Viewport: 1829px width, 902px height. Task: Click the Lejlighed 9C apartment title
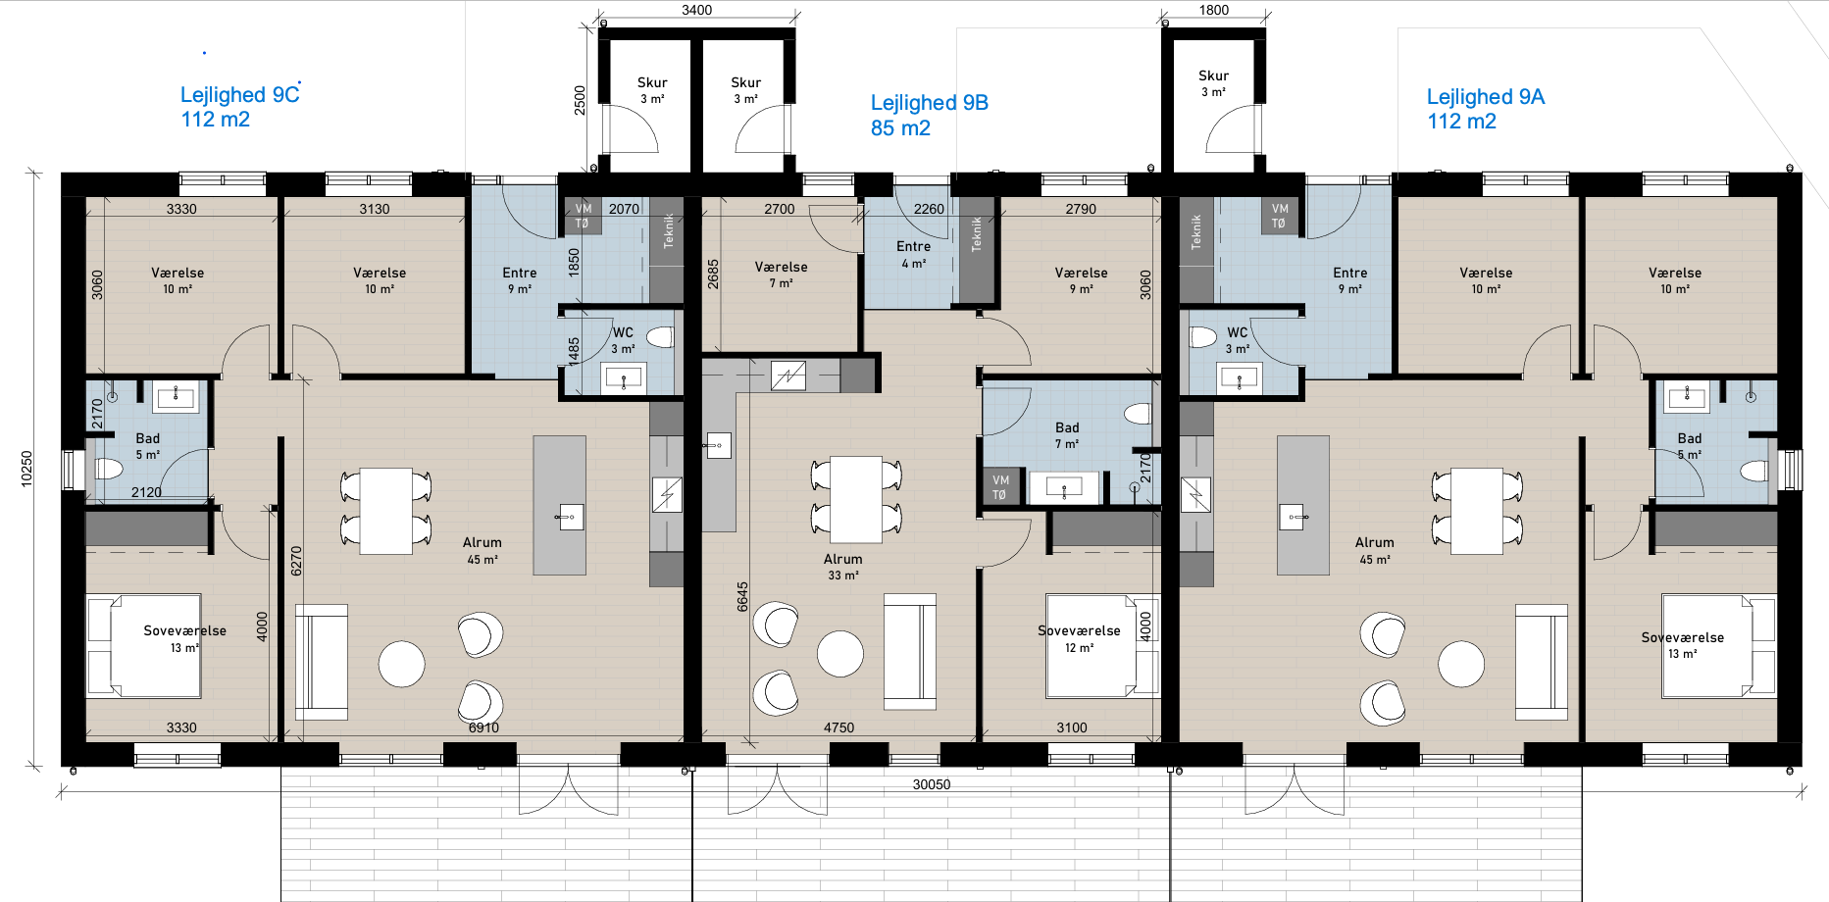coord(240,95)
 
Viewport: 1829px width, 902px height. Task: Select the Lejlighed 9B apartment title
coord(930,103)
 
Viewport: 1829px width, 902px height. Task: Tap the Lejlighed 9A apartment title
coord(1486,97)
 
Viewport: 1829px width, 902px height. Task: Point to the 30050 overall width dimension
coord(932,784)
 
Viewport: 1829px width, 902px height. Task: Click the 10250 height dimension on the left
coord(26,469)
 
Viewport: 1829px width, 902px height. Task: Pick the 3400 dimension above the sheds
coord(696,10)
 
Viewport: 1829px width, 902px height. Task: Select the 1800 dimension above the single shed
coord(1214,10)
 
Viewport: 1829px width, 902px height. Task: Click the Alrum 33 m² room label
coord(843,567)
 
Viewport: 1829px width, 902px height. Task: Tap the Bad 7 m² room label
coord(1067,435)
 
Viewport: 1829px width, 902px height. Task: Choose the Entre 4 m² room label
coord(913,255)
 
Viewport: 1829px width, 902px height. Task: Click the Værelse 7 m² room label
coord(782,275)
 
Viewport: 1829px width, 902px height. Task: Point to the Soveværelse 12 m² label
coord(1079,639)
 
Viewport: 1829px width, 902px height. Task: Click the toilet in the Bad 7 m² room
coord(1138,414)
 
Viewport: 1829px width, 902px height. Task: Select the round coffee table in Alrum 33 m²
coord(840,654)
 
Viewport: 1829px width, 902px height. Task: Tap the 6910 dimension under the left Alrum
coord(483,727)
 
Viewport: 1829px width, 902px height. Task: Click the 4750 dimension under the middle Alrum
coord(838,727)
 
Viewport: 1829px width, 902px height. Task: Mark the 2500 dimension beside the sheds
coord(580,100)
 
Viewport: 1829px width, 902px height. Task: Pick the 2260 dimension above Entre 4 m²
coord(929,209)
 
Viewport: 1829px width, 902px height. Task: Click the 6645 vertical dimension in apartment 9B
coord(742,597)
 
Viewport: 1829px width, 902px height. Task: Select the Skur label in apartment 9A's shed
coord(1213,75)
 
